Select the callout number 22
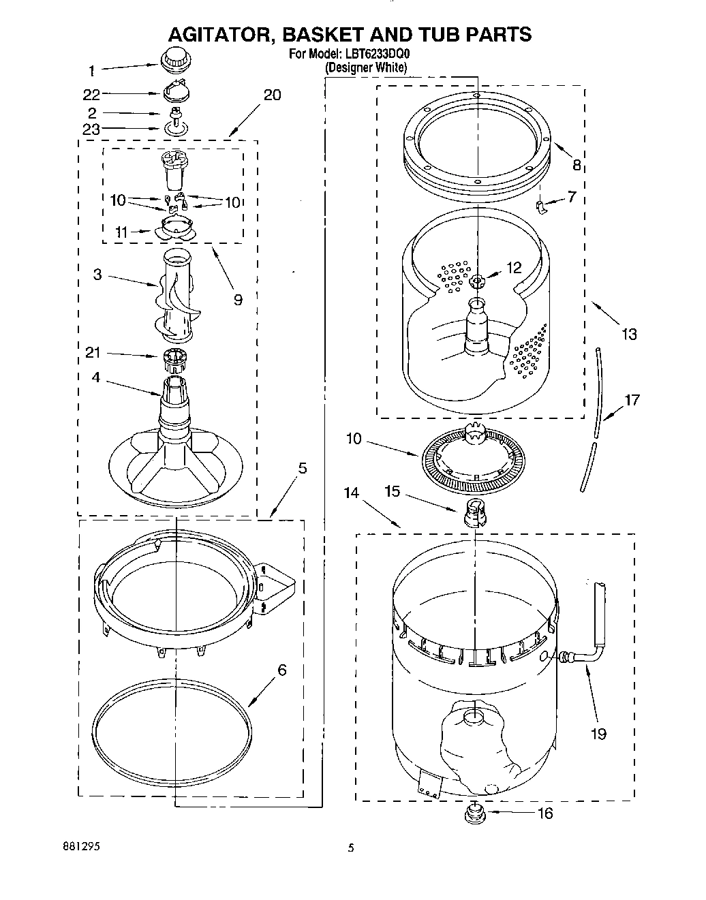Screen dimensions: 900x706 pyautogui.click(x=91, y=94)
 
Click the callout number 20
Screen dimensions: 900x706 pyautogui.click(x=272, y=95)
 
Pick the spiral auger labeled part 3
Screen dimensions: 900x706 pyautogui.click(x=175, y=296)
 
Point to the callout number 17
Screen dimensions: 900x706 pyautogui.click(x=632, y=400)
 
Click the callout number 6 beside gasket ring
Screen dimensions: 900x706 pyautogui.click(x=281, y=670)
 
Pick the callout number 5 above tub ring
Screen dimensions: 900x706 pyautogui.click(x=303, y=468)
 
